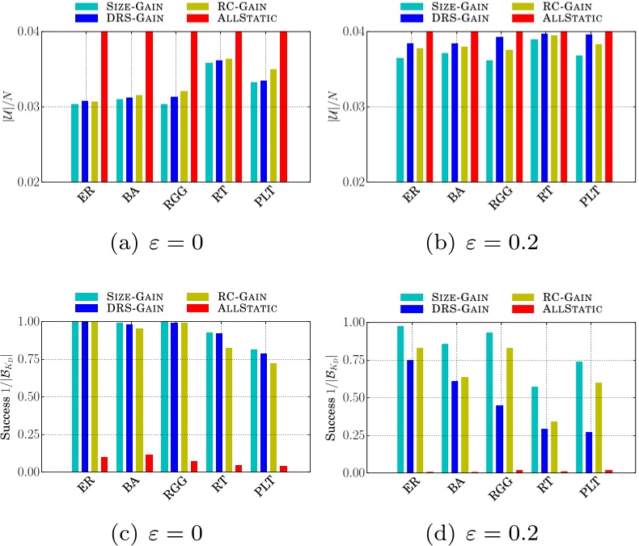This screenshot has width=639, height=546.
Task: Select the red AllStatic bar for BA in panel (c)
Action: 150,463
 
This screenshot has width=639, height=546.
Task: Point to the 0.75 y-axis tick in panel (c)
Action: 45,359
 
